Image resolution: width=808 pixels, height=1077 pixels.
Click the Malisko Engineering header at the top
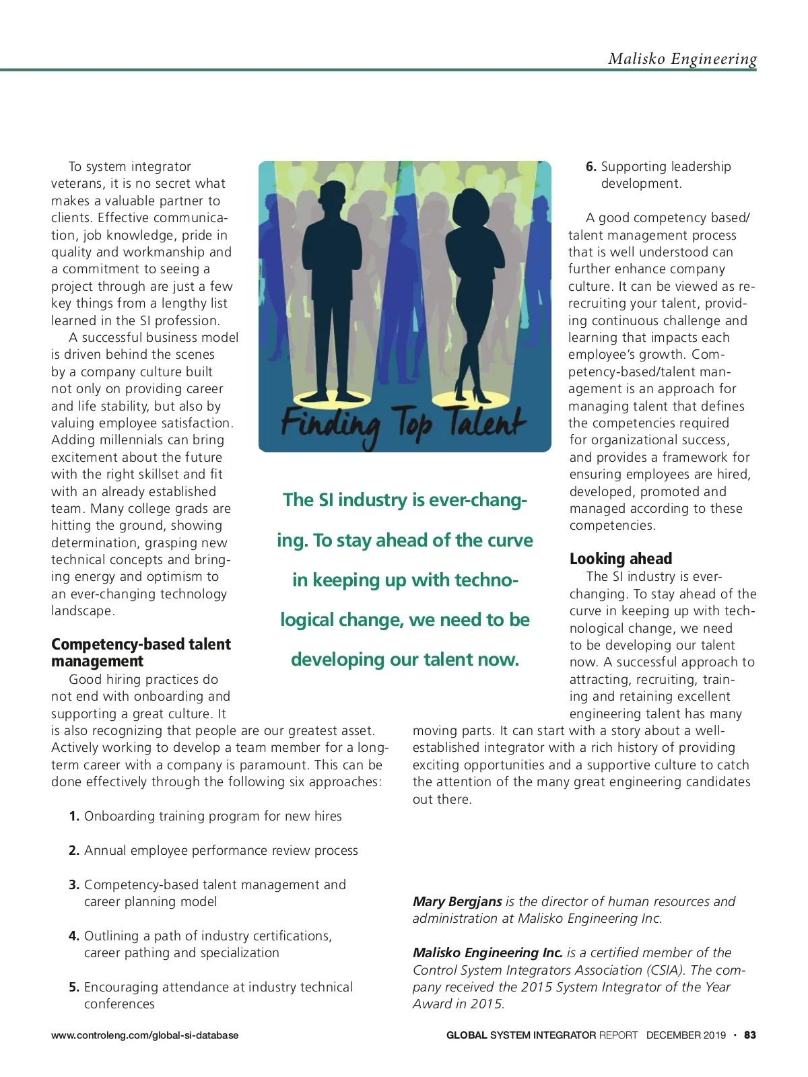[x=682, y=59]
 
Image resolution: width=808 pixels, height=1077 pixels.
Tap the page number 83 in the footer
[x=749, y=1035]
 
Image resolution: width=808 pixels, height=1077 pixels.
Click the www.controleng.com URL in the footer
[x=145, y=1035]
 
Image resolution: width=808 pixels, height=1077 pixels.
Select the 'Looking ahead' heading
[x=620, y=559]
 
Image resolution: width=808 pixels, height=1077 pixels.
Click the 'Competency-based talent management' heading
[x=141, y=652]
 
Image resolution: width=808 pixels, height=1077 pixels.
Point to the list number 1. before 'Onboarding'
[x=74, y=817]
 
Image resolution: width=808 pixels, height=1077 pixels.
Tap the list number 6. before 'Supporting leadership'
[x=591, y=167]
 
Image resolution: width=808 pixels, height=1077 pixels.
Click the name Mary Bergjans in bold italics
[x=457, y=901]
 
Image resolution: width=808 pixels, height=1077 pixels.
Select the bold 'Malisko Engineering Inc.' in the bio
[x=487, y=952]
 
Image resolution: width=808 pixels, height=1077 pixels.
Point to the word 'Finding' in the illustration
[x=329, y=426]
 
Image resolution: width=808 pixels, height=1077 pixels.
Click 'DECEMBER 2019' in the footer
[x=685, y=1035]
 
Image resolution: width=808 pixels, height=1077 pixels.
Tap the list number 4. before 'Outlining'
[x=74, y=936]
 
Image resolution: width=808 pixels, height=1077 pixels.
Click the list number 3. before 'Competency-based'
[x=74, y=885]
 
